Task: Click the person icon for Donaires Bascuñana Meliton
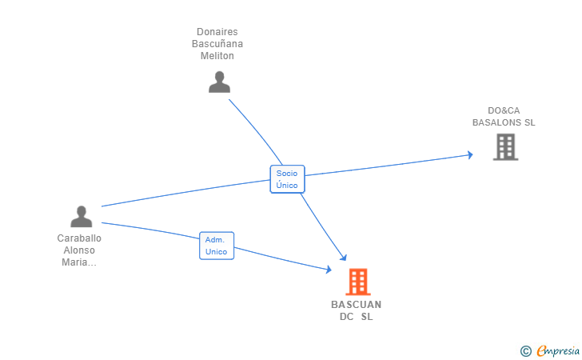click(219, 82)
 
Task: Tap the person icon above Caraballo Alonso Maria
click(81, 216)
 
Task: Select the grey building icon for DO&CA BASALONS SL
click(505, 146)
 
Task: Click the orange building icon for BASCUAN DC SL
click(357, 282)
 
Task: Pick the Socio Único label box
click(287, 178)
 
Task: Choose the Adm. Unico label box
click(216, 246)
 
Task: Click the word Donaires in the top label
click(217, 32)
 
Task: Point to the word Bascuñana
click(217, 44)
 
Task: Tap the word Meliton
click(217, 56)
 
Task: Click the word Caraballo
click(79, 238)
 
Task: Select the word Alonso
click(79, 250)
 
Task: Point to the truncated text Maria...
click(79, 262)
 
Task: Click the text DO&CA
click(504, 110)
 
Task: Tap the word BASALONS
click(496, 122)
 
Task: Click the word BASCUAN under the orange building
click(357, 305)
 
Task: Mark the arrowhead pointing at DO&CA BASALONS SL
click(470, 154)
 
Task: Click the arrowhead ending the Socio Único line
click(344, 258)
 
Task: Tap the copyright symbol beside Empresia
click(525, 350)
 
